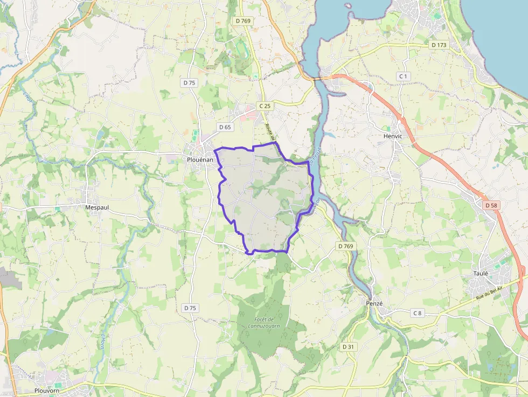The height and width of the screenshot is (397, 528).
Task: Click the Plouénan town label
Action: click(x=200, y=160)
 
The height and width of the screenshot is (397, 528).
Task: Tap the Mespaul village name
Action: click(x=98, y=206)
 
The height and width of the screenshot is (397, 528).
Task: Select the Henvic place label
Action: click(x=392, y=136)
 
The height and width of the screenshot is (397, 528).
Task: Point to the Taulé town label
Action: click(x=481, y=273)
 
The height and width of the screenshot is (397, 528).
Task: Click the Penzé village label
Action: click(x=374, y=303)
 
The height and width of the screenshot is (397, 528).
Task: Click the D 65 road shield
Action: click(x=225, y=127)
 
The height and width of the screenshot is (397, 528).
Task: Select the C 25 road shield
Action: click(x=264, y=106)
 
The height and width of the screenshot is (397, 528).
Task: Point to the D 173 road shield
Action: click(x=439, y=45)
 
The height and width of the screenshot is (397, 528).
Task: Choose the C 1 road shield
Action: click(x=403, y=76)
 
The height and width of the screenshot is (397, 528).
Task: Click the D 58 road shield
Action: click(x=490, y=205)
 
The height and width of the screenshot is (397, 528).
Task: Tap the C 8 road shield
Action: click(x=417, y=313)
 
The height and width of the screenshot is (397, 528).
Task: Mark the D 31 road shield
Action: click(x=348, y=347)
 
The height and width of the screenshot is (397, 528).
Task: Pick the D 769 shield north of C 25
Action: click(x=244, y=20)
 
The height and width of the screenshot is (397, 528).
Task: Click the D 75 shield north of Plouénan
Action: click(x=189, y=83)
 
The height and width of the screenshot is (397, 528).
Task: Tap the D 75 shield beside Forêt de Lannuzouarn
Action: click(x=190, y=308)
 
